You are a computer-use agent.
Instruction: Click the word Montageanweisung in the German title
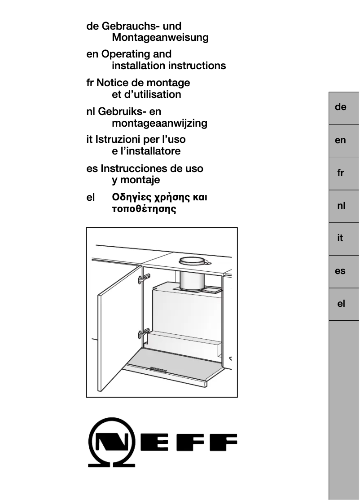[160, 38]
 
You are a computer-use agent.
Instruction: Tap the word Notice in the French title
[114, 83]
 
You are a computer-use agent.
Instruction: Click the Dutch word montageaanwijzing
[159, 123]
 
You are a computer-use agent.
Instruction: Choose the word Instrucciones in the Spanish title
[131, 169]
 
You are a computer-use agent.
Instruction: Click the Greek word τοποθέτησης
[144, 209]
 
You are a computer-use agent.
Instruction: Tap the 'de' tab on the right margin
[341, 107]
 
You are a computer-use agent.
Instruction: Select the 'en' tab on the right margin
[341, 141]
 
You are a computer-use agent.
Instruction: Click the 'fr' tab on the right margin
[341, 173]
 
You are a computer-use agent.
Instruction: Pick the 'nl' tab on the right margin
[341, 206]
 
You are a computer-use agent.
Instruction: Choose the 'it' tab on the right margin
[341, 239]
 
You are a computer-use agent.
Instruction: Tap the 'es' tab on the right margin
[341, 271]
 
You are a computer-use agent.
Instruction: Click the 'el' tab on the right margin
[341, 304]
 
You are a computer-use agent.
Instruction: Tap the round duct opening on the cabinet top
[193, 261]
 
